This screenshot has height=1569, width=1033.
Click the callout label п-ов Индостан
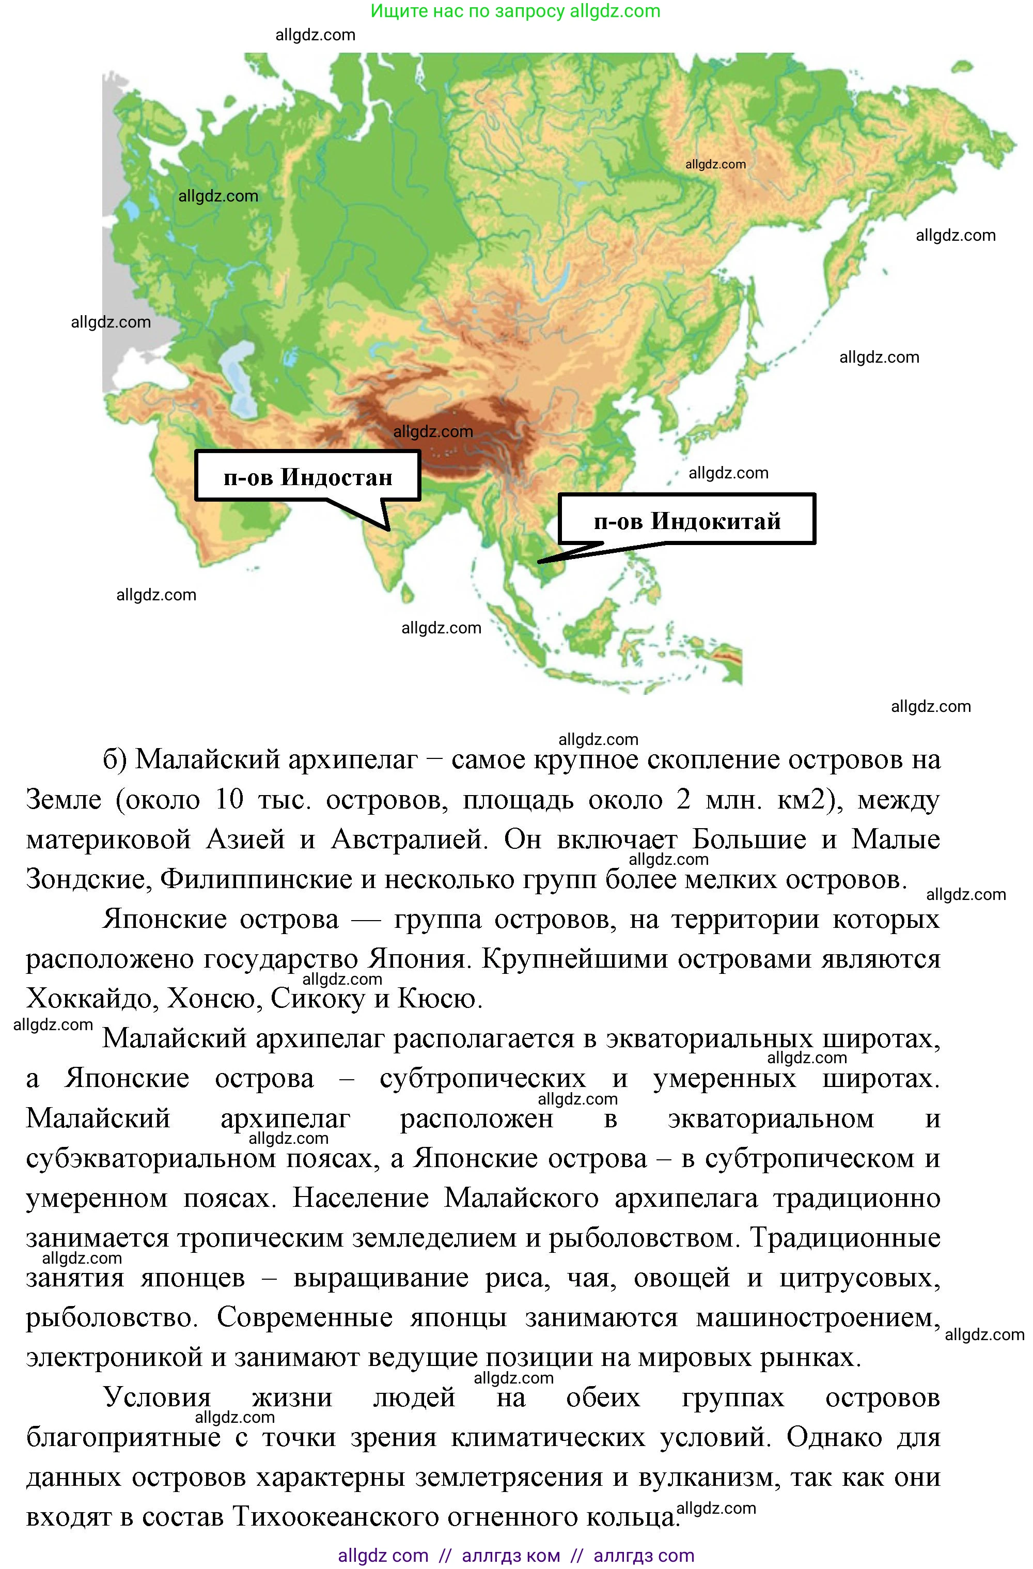[307, 476]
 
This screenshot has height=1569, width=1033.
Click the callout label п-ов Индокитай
[687, 521]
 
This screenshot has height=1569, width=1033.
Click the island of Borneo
[593, 623]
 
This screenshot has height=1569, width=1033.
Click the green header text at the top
[515, 11]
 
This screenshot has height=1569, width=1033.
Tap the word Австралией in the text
[409, 839]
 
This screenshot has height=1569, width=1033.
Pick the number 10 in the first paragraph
[229, 800]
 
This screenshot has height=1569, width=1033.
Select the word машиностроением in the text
[818, 1317]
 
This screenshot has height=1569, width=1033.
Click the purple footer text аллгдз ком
[511, 1555]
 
